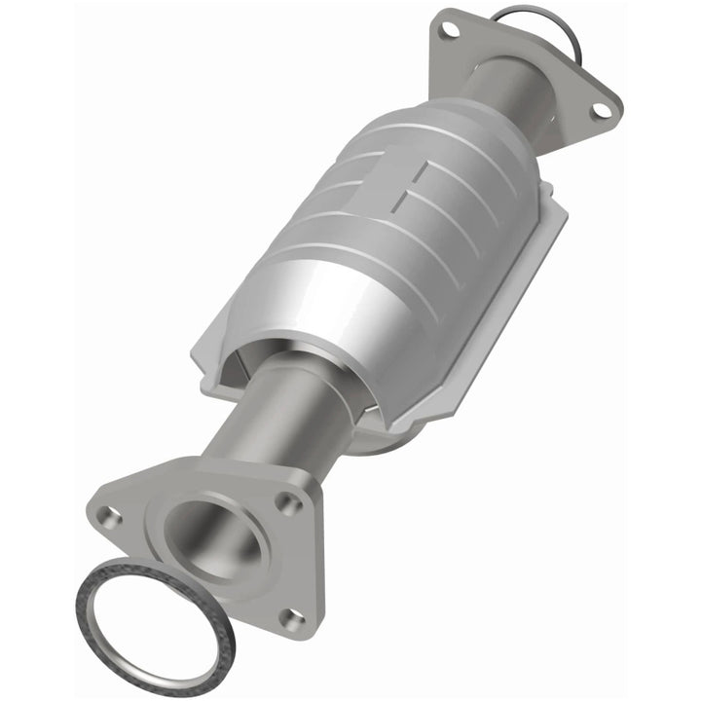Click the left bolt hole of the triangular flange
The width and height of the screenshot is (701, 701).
pos(108,517)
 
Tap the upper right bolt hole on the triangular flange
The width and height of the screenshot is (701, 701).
pos(287,502)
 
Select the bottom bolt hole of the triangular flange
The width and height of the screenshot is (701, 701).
pos(290,616)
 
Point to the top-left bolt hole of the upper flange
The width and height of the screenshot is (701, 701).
pos(449,29)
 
